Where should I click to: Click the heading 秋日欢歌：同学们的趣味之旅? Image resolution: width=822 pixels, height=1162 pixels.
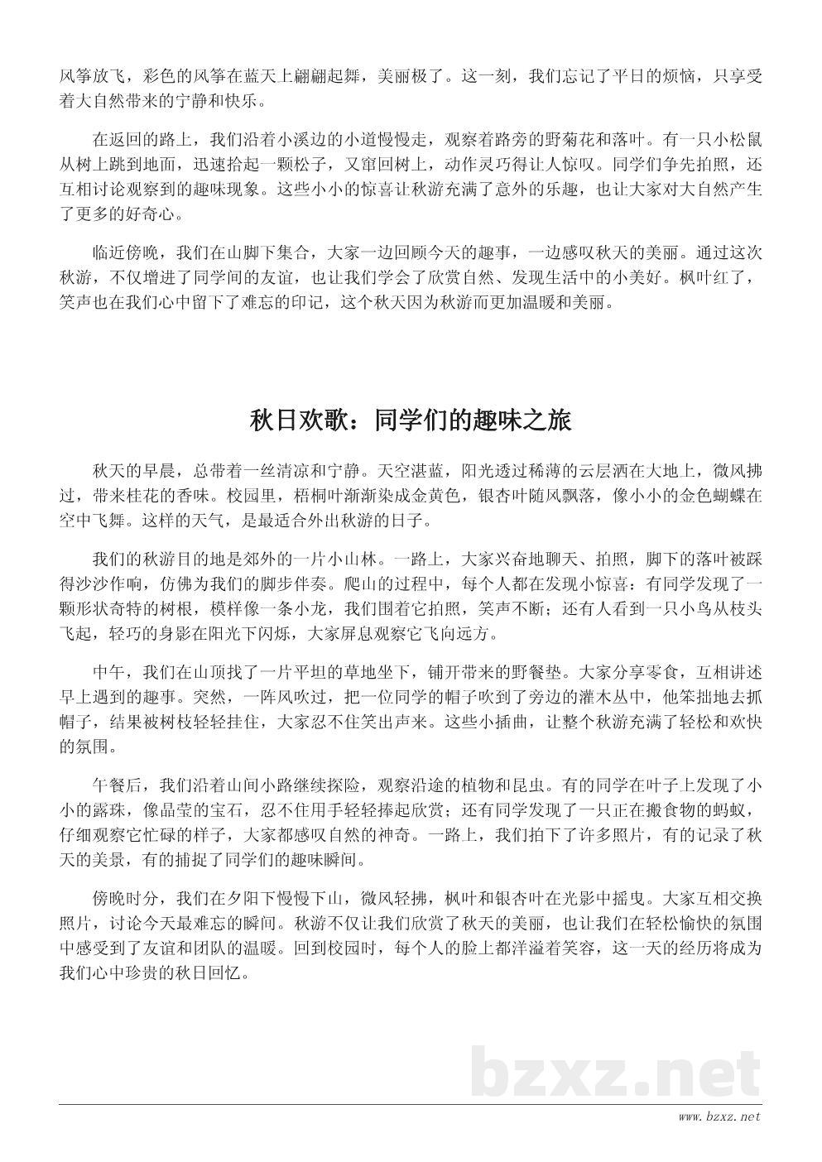(411, 420)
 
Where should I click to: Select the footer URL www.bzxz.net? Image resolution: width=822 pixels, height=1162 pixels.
(719, 1117)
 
